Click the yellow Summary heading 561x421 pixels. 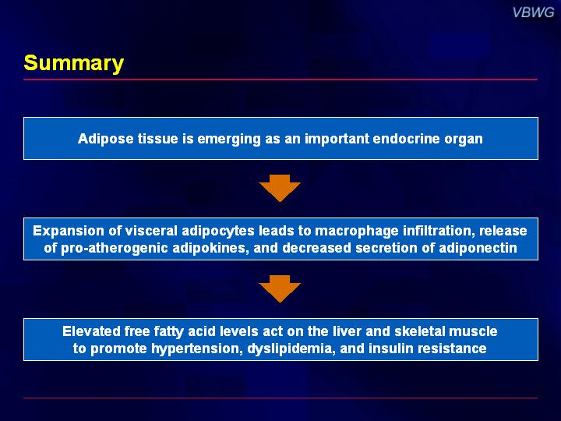pos(74,63)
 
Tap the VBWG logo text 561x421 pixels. pos(533,12)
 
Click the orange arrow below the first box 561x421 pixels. pos(280,189)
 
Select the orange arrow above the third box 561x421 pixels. pos(280,289)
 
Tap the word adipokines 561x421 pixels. pos(210,248)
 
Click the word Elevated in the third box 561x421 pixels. pos(91,331)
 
